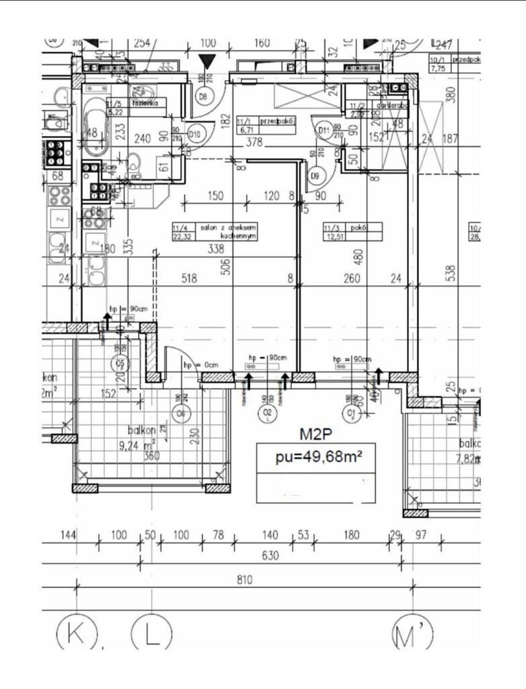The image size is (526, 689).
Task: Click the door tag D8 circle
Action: click(x=204, y=96)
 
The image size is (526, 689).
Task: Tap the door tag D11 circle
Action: click(x=323, y=130)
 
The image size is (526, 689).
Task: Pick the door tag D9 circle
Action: click(x=315, y=176)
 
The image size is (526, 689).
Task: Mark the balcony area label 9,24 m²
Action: click(x=144, y=445)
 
